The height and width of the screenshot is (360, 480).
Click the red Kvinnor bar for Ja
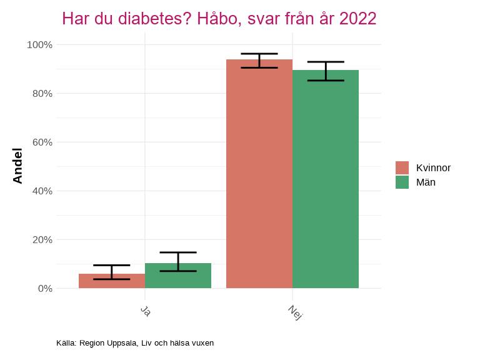[112, 281]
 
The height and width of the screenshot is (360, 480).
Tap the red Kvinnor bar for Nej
[259, 175]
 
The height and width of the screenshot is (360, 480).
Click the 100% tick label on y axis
[39, 45]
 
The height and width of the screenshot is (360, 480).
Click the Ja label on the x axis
[146, 310]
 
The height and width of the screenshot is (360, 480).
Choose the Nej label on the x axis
[295, 312]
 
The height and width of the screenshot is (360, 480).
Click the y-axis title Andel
[17, 166]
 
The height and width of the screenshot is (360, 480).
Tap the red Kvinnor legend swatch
[402, 167]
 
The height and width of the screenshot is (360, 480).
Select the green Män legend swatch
[402, 182]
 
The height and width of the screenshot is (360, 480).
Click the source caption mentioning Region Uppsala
[135, 343]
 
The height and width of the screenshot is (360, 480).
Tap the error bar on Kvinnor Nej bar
[259, 61]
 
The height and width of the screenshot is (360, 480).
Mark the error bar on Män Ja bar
[178, 261]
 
